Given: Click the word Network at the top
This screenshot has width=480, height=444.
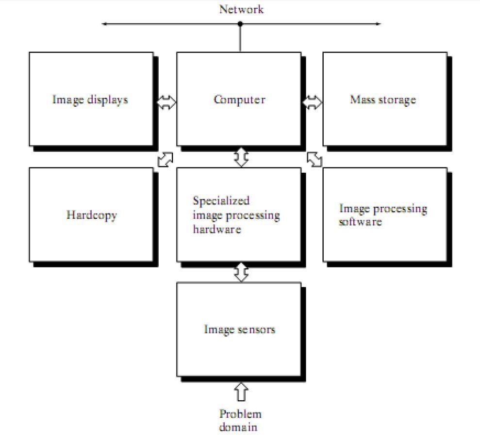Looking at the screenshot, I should [x=241, y=9].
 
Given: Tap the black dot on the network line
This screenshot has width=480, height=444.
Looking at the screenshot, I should [x=240, y=23].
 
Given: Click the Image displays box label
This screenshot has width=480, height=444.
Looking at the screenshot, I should [x=90, y=100].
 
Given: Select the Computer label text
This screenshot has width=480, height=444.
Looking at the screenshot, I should [x=239, y=100].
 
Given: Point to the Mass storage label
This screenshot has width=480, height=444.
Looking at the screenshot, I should [x=383, y=100].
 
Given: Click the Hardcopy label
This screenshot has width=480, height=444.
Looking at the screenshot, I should [x=92, y=215].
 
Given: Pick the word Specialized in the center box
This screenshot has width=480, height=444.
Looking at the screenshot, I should [x=221, y=201].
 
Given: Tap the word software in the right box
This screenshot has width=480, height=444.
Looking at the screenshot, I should [x=360, y=221].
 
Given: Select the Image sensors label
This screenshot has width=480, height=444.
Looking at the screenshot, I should [x=239, y=329].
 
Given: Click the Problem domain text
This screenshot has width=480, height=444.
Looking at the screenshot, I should [x=240, y=420].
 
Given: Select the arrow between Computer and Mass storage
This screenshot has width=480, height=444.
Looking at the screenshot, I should [x=313, y=102].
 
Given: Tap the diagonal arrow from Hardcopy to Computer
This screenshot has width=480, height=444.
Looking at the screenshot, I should [x=166, y=159].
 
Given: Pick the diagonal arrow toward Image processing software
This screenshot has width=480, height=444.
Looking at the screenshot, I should [x=314, y=159].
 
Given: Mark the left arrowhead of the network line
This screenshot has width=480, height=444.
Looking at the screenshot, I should [x=104, y=23].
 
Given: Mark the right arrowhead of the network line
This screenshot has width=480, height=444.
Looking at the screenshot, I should [x=378, y=23].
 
